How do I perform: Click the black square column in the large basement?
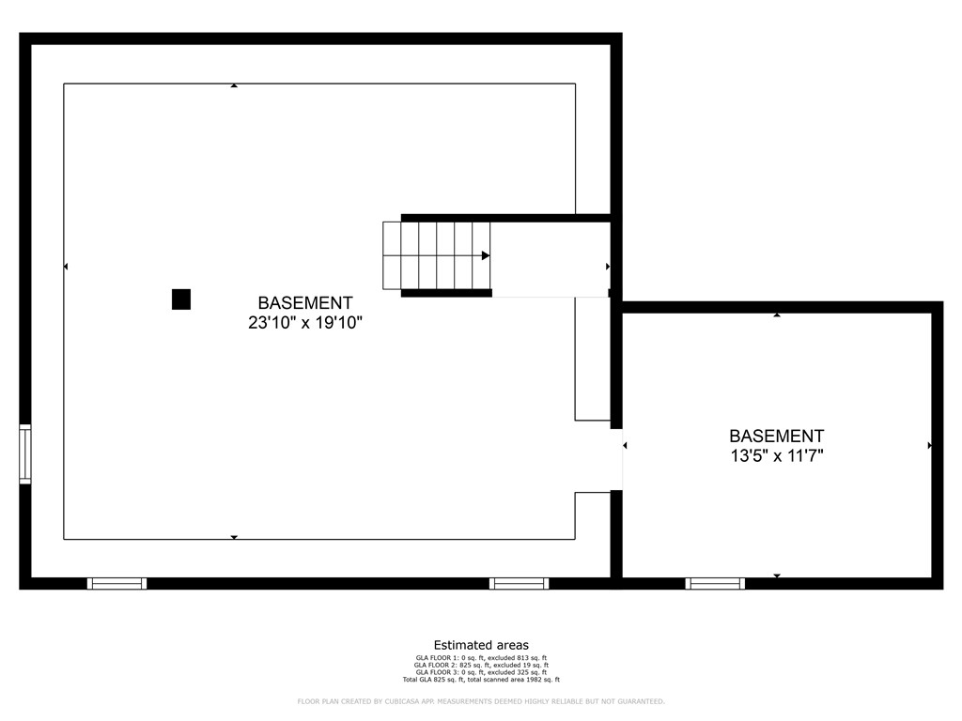point(181,299)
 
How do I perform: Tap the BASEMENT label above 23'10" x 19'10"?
point(305,303)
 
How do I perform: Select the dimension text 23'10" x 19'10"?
point(305,323)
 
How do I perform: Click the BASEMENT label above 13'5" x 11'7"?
point(777,437)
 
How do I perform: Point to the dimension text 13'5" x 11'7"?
point(777,456)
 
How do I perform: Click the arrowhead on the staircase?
point(486,255)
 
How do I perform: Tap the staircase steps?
point(436,255)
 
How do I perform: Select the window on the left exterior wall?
point(25,454)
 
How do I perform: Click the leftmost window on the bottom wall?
point(117,584)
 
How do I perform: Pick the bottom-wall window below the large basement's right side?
point(520,584)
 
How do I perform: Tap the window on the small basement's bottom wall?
point(715,584)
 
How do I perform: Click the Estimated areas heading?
point(481,645)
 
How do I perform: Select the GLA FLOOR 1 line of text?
point(481,658)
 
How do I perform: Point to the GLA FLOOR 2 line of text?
point(481,666)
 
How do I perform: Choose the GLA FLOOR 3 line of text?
point(481,672)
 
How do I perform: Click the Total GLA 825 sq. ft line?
point(481,680)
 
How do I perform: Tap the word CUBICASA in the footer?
point(392,701)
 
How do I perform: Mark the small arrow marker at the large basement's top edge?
point(234,86)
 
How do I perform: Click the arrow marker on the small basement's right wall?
point(929,445)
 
